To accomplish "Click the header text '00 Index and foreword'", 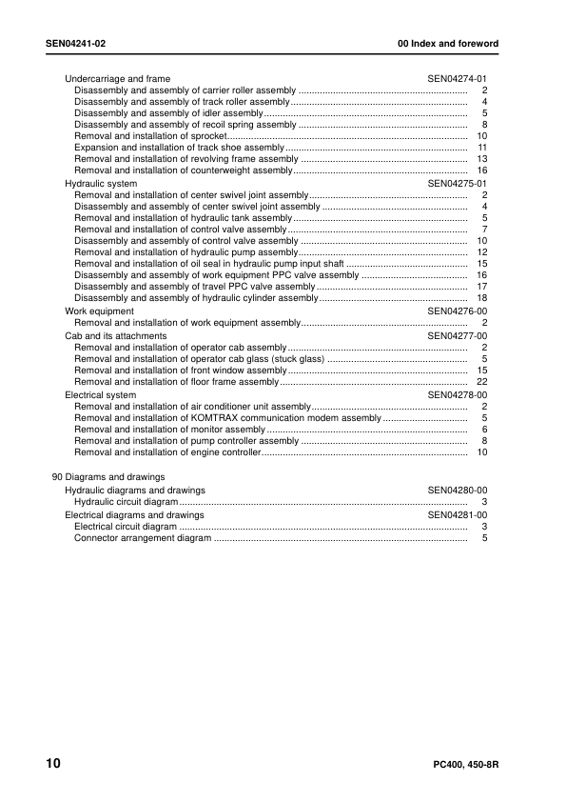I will (447, 45).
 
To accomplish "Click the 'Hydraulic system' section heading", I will (101, 183).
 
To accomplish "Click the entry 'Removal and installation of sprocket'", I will (152, 136).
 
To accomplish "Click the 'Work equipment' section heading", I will (99, 311).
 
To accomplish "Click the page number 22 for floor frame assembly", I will (481, 382).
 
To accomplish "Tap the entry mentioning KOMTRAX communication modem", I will (227, 418).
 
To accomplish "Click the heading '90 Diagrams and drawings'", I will (107, 477).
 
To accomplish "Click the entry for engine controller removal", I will (167, 452).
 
